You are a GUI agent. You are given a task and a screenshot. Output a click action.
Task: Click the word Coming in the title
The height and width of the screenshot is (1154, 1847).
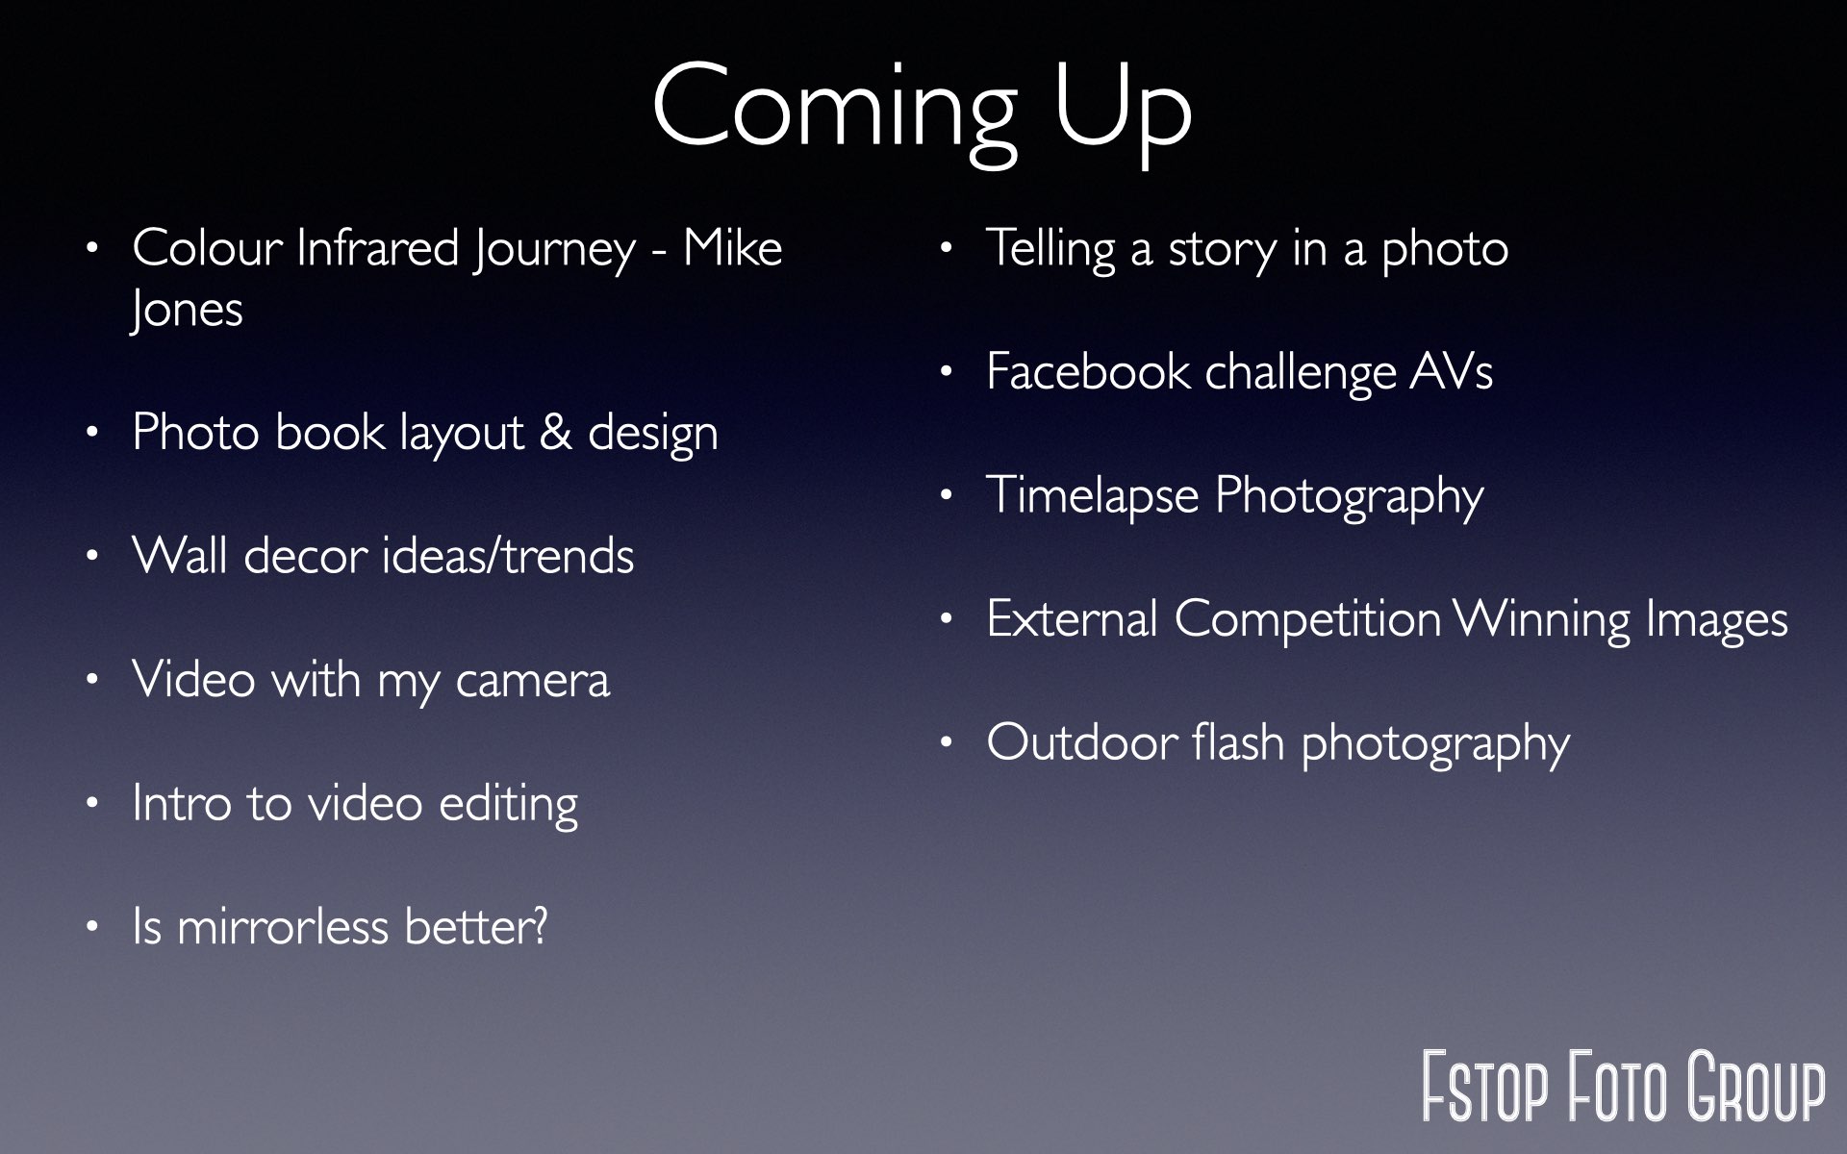(x=835, y=113)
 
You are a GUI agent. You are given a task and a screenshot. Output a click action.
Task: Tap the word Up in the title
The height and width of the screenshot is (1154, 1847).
(x=1123, y=113)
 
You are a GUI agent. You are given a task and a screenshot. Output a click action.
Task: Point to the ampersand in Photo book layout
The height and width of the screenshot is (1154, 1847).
(x=555, y=432)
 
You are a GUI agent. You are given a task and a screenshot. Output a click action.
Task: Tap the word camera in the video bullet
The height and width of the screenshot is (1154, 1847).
(x=532, y=680)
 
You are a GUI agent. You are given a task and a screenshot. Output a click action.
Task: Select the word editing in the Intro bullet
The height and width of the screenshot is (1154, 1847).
(x=508, y=804)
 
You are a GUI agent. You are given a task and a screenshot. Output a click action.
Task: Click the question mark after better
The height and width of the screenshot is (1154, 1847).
(x=540, y=926)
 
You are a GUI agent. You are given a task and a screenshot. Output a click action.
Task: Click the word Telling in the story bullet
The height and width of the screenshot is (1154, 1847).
(x=1050, y=249)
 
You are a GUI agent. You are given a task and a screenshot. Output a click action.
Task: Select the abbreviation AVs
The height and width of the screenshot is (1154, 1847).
(x=1452, y=371)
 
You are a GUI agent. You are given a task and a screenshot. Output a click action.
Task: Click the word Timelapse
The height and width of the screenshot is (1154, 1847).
(x=1093, y=496)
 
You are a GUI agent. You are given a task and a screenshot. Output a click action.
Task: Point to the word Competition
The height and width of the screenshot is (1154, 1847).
(x=1307, y=618)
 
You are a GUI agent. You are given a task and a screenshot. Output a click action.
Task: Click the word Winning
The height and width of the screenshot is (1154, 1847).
(x=1542, y=619)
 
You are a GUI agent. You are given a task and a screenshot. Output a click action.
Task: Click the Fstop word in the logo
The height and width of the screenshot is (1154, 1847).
(x=1485, y=1087)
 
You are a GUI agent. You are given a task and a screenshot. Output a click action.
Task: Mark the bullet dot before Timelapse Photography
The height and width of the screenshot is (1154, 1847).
(x=947, y=496)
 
